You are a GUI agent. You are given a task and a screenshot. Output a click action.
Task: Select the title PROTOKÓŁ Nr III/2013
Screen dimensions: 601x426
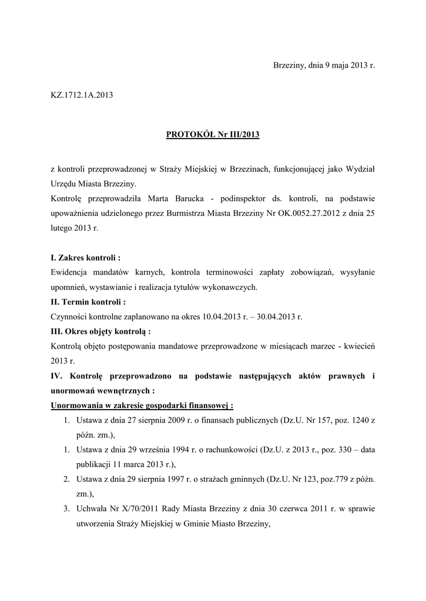212,135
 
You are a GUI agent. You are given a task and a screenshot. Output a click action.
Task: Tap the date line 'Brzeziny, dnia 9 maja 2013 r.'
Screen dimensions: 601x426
324,65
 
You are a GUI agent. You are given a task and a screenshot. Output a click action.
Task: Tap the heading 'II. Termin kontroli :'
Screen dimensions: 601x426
88,302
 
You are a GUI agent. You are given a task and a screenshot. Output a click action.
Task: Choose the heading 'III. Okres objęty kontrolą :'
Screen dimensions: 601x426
100,332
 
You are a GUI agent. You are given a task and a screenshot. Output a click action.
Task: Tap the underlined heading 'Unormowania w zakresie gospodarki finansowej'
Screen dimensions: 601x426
141,406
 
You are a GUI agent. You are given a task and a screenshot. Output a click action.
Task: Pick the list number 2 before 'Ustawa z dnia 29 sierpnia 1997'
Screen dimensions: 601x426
68,480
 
